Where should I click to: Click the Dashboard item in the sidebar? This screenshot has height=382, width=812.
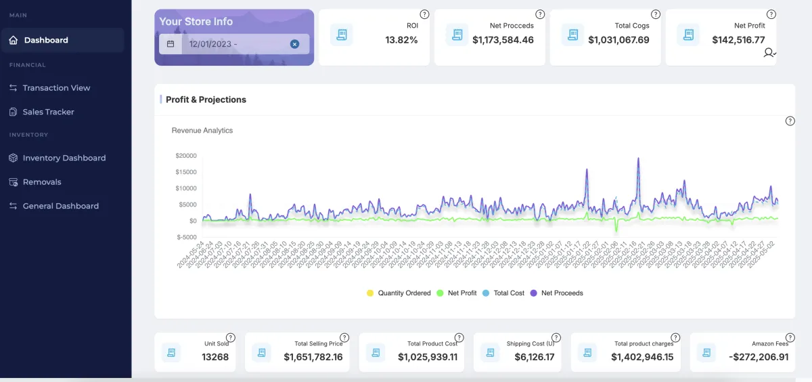click(46, 40)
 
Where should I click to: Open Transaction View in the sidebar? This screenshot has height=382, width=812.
click(56, 88)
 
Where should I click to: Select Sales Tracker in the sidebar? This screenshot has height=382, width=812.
click(48, 112)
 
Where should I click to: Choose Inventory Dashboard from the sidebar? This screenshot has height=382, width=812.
click(64, 158)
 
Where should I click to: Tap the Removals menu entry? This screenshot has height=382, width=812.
click(42, 182)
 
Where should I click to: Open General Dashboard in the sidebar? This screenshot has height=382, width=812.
click(60, 206)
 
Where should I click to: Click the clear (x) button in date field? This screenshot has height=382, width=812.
click(294, 44)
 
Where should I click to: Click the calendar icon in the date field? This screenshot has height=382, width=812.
click(171, 44)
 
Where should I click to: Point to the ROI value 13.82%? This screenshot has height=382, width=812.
click(401, 40)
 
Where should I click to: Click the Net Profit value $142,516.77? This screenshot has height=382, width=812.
click(738, 40)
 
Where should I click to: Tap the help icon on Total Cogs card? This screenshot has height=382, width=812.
click(655, 14)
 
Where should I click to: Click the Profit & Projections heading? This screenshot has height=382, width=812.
click(206, 100)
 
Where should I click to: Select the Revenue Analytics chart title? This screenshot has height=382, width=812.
click(202, 130)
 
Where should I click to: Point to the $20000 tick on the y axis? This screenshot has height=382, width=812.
click(186, 156)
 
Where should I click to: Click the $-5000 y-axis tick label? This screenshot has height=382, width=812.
click(186, 237)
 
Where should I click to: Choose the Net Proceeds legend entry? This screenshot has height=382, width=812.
click(562, 293)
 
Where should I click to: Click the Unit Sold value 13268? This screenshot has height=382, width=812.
click(215, 357)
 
